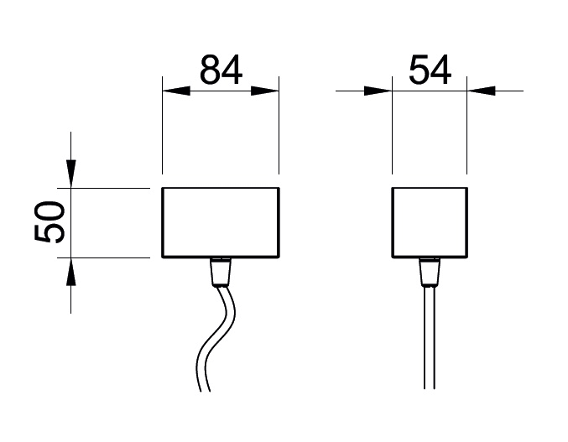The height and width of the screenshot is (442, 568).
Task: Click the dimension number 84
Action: pos(221,70)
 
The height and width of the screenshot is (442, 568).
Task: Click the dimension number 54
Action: pos(430,70)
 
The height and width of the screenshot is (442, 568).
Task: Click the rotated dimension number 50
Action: pos(50,221)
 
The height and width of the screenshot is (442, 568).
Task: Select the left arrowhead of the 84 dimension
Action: pos(176,91)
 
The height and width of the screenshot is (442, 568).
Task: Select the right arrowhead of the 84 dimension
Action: pos(265,91)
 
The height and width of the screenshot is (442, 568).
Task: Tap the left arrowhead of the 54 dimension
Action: pos(378,91)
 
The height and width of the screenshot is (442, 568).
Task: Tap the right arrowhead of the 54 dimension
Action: pos(481,91)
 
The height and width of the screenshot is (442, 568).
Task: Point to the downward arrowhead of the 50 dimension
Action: pos(71,174)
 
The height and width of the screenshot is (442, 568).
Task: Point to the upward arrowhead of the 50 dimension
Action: pos(71,272)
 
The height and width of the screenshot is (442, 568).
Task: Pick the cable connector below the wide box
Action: pos(221,273)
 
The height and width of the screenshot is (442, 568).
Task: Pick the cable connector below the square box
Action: pos(430,273)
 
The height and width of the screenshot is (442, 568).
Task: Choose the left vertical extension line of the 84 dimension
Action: pos(162,125)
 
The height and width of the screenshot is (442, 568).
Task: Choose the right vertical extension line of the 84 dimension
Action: pos(279,125)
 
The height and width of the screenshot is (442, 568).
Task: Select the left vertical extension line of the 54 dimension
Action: pos(393,125)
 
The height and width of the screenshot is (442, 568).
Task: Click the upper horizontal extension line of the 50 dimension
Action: pos(103,188)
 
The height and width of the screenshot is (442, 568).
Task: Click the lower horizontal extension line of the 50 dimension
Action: pos(103,257)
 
